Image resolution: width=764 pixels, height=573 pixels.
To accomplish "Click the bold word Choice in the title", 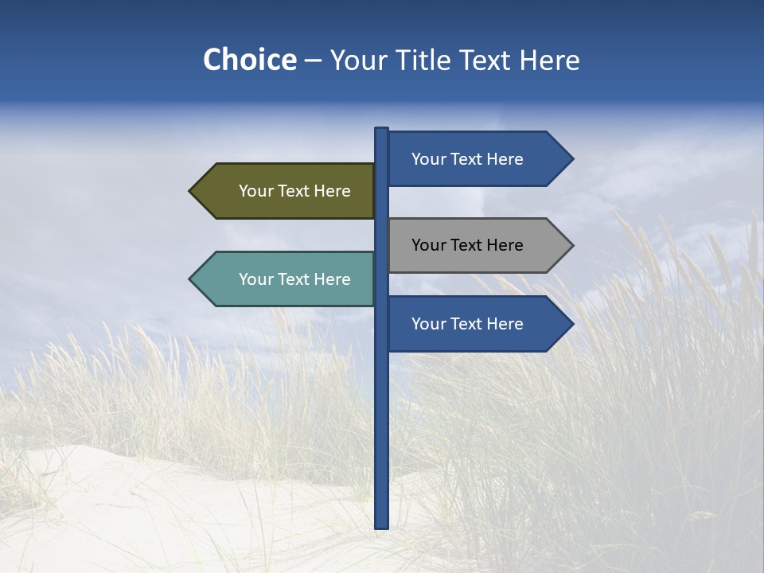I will (x=249, y=60).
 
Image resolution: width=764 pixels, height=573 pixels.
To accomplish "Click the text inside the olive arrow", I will (x=294, y=191).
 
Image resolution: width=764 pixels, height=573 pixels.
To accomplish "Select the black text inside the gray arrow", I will (x=467, y=245).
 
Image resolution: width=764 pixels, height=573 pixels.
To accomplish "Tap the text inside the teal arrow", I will (x=294, y=279).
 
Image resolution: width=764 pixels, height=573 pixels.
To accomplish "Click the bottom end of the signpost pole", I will (x=381, y=525).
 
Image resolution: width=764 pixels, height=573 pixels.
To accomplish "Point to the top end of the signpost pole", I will (x=381, y=130).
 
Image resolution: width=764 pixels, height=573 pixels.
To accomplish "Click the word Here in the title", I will (x=549, y=60).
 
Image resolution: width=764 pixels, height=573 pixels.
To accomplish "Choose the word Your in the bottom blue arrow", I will (x=428, y=324).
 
